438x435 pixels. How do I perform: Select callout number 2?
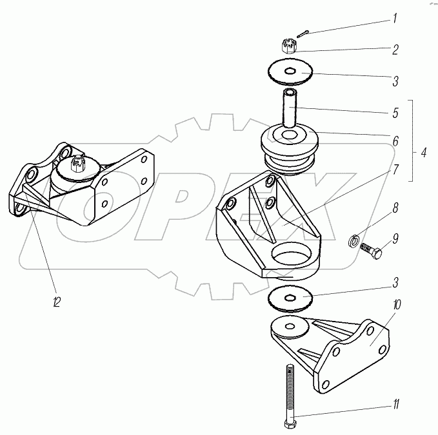click(394, 48)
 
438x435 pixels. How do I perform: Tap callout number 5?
click(394, 111)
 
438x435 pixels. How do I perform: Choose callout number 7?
click(394, 171)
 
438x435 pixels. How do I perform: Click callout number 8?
click(395, 208)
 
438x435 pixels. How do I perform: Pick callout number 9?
click(395, 238)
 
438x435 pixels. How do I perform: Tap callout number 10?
click(395, 304)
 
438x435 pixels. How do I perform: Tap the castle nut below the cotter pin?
click(290, 46)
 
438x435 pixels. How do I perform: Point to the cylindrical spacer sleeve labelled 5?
click(288, 108)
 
